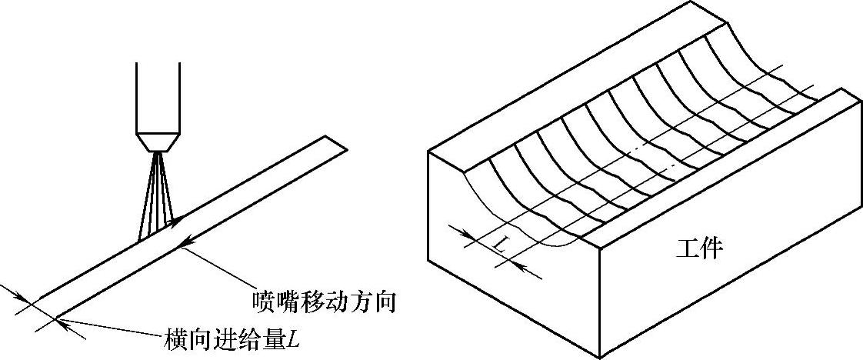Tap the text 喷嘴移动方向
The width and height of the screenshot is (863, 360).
(324, 301)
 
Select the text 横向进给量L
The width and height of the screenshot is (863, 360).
(230, 339)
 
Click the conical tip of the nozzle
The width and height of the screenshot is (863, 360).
(158, 143)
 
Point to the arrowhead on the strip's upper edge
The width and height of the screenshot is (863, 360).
(176, 222)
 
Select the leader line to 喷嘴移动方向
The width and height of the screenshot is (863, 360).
(223, 269)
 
